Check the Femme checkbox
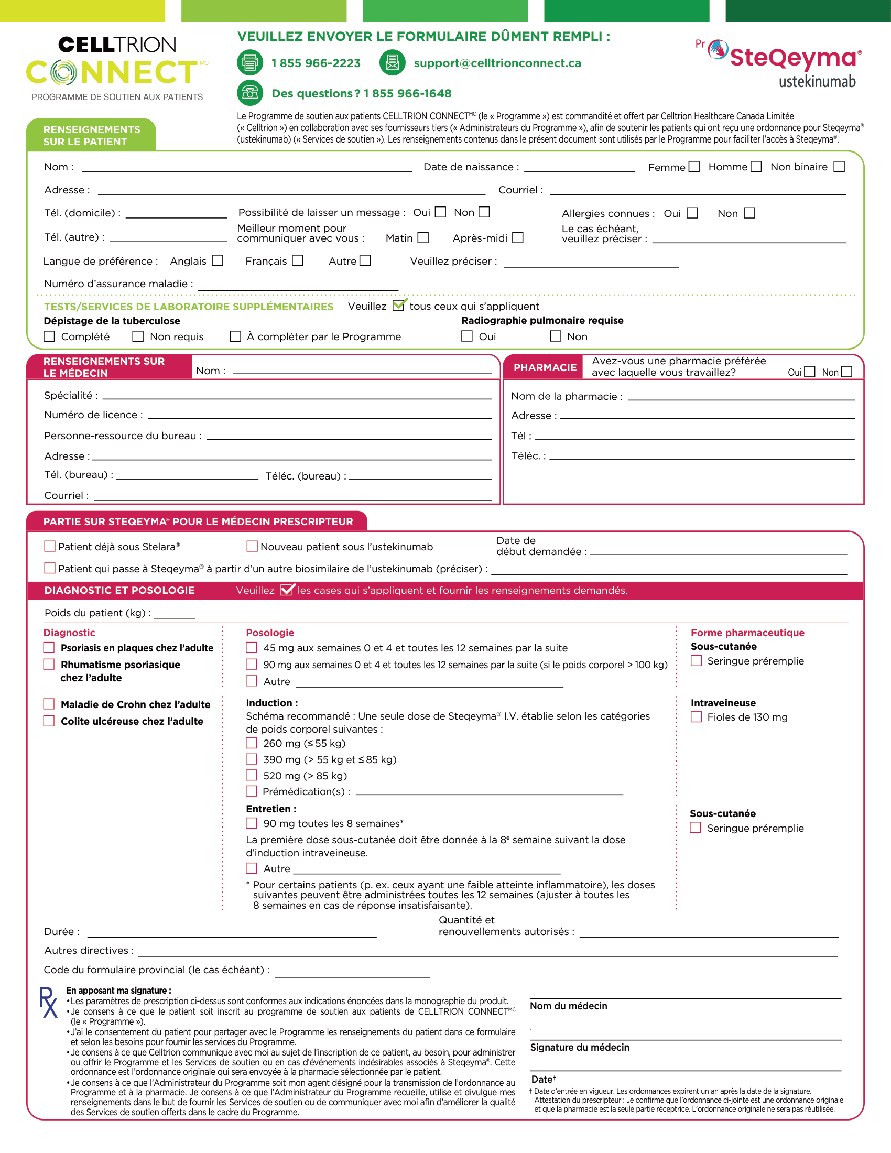[694, 167]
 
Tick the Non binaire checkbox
[839, 167]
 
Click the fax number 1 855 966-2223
[316, 63]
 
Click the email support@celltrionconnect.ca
[497, 63]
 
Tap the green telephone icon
[249, 93]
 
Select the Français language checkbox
[298, 261]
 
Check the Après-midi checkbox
[518, 238]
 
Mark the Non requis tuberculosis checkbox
[138, 336]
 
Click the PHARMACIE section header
[545, 367]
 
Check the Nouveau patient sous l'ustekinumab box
[252, 547]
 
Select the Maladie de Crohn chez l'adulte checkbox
[49, 704]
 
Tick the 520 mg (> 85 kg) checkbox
[252, 775]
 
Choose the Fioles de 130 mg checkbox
[696, 717]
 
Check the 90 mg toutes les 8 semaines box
[252, 823]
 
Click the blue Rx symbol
[48, 1003]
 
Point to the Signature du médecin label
[580, 1048]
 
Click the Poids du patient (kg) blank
[174, 615]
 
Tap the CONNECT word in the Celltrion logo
[112, 73]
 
